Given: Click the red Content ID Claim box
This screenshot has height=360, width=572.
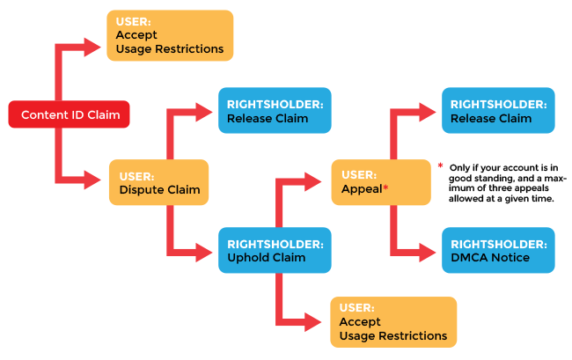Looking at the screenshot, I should point(70,114).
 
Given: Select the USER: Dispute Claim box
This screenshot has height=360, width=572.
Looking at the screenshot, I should point(158,182).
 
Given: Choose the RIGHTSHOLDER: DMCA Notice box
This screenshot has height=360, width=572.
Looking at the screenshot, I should point(499,250).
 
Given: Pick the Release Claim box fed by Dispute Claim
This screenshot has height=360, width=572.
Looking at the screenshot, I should point(274,111).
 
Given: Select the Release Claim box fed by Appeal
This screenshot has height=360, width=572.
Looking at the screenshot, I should point(499,111).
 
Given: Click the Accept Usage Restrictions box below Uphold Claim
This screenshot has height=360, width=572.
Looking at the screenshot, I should point(392,321).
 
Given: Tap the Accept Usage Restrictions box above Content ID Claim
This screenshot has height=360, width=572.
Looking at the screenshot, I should point(170,35).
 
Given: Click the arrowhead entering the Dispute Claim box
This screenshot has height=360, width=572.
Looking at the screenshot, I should point(99,182).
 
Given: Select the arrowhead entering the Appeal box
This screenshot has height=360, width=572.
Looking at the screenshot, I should point(321,182).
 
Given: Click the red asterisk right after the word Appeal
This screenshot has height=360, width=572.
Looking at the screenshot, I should point(385,188).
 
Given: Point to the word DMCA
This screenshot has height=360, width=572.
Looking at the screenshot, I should point(466,258).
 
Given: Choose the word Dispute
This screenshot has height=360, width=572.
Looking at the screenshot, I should point(141,189).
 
